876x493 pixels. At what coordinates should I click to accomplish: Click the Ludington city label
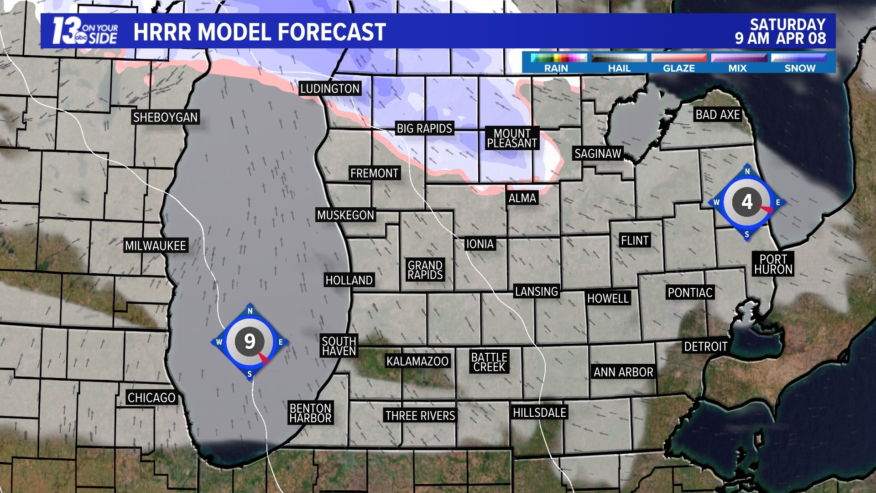point(329,89)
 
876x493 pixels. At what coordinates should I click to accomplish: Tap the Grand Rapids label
point(425,270)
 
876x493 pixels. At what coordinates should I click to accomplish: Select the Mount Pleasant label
point(512,138)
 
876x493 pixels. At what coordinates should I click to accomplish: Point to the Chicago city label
point(151,398)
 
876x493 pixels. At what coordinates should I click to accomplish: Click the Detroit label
point(705,346)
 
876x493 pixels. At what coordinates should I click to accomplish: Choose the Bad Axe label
point(718,115)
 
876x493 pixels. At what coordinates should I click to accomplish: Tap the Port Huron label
point(773,264)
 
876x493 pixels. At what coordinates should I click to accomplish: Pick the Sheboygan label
point(165,117)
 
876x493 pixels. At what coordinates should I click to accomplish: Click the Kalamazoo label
point(417,362)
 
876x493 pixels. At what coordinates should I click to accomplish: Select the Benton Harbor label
point(310,413)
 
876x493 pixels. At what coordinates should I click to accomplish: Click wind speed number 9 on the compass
point(250,341)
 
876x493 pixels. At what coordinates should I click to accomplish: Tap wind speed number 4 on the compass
point(747,201)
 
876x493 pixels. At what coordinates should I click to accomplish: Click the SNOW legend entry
point(800,68)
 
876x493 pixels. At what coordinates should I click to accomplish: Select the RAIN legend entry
point(556,68)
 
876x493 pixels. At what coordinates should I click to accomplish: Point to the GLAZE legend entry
point(679,68)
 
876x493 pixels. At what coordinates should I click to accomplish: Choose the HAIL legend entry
point(619,68)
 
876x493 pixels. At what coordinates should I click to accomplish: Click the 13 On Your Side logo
point(85,31)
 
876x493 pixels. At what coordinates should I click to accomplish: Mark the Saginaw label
point(598,154)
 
